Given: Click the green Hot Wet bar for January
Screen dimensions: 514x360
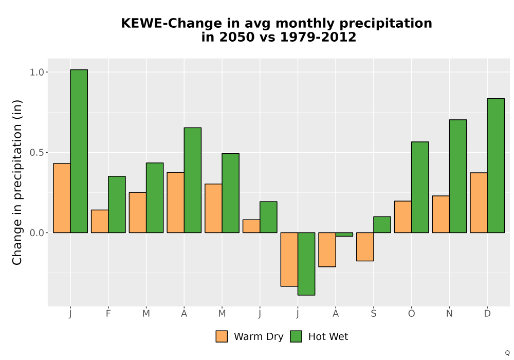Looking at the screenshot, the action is point(79,151).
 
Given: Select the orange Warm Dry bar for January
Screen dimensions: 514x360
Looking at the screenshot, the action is point(62,198).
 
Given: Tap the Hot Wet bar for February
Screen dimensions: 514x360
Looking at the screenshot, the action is point(117,205).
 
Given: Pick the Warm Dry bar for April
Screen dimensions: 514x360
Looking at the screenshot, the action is point(176,203).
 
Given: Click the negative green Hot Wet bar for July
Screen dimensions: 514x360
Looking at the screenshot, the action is point(306,264).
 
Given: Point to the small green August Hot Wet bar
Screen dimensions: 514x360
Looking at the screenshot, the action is point(344,235).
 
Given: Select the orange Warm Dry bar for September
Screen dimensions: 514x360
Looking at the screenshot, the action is point(365,247).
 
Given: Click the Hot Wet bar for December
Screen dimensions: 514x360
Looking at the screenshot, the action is point(495,166).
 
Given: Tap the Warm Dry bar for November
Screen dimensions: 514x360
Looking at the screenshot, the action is point(441,214).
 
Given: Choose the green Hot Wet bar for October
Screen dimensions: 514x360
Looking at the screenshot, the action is point(420,187).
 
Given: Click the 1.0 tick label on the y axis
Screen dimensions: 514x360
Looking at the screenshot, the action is point(36,72).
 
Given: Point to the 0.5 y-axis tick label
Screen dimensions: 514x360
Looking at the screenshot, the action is point(36,152).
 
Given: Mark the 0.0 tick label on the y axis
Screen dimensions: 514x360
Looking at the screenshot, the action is point(36,233).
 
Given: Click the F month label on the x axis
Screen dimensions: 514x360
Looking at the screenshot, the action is point(108,314).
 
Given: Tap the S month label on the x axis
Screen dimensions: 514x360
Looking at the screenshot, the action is point(374,314).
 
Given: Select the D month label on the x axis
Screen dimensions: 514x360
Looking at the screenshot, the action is point(487,314).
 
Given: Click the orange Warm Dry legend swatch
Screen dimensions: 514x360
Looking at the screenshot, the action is point(222,336).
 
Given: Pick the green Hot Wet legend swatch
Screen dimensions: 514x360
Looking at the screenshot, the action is point(296,336).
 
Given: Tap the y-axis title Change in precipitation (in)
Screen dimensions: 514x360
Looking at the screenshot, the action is point(17,182).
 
